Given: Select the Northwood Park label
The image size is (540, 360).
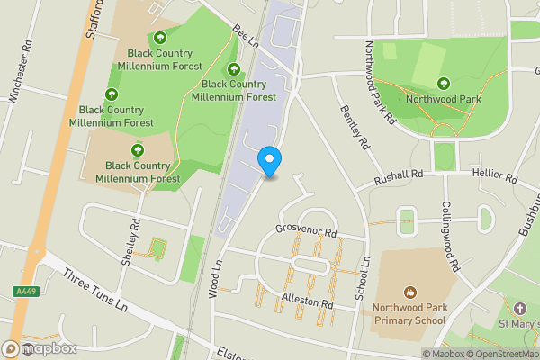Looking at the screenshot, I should tap(445, 99).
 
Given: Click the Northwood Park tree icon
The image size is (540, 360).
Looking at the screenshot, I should tap(445, 84).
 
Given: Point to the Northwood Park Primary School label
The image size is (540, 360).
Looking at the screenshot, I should tap(409, 312).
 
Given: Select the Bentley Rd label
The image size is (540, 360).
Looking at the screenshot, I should tap(355, 126).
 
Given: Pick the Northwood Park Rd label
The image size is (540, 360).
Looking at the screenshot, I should tap(379, 82).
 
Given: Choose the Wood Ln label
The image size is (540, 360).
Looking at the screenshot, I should tap(215, 279).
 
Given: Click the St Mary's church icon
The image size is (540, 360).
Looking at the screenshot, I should tap(517, 308).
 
